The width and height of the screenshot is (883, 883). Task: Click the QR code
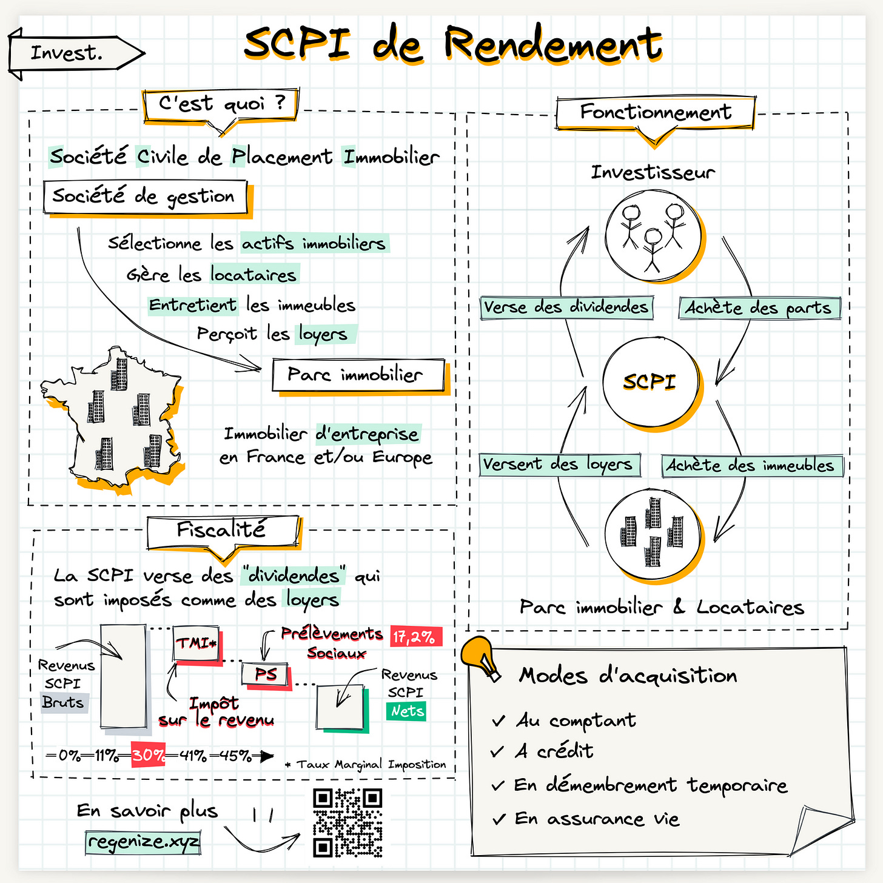[347, 822]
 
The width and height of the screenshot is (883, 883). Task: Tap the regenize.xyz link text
[143, 842]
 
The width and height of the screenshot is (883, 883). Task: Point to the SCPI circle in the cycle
[650, 381]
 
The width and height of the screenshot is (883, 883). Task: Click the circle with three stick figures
[653, 236]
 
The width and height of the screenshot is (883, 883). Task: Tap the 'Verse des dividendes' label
[566, 307]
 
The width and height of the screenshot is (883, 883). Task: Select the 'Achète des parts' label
[759, 308]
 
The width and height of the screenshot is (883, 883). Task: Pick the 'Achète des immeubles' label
[751, 466]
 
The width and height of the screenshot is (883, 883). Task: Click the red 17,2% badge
[414, 637]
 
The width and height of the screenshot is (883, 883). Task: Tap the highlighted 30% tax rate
[148, 755]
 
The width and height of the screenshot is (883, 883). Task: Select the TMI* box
[196, 643]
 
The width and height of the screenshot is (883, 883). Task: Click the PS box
[266, 674]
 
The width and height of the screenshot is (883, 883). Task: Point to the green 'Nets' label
[406, 711]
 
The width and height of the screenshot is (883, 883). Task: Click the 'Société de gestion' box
[145, 196]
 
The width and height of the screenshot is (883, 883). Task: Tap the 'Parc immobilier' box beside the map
[357, 375]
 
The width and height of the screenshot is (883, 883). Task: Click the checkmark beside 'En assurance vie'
[499, 820]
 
